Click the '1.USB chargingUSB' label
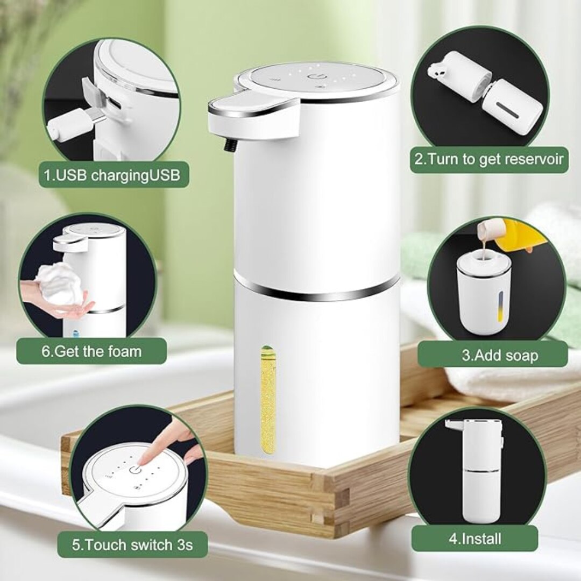(x=112, y=175)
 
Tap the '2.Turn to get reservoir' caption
(x=488, y=159)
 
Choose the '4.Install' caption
(x=475, y=539)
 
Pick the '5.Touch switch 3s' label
(x=132, y=545)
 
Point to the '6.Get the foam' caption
(x=91, y=351)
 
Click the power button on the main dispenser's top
(x=315, y=77)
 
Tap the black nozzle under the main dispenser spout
(x=230, y=146)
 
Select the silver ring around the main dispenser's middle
(x=317, y=289)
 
